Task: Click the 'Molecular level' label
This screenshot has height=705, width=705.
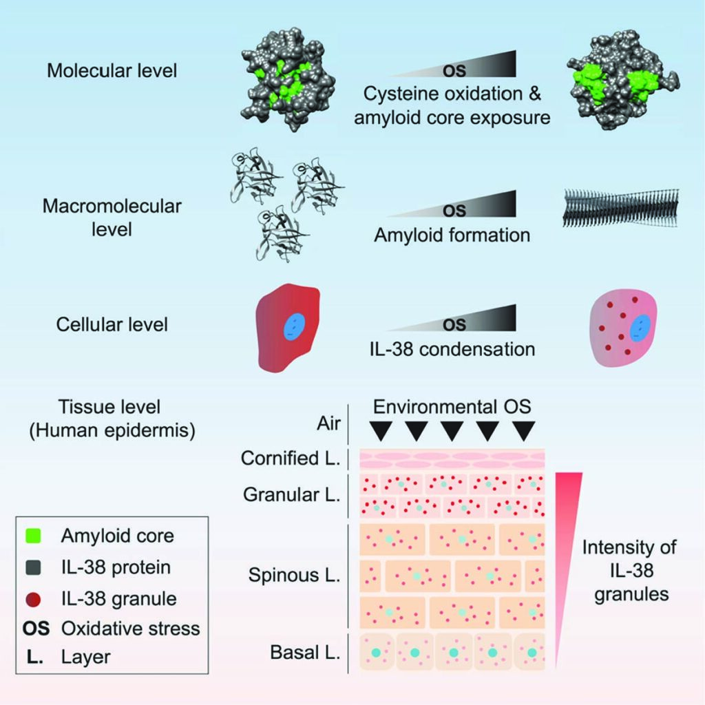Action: click(112, 71)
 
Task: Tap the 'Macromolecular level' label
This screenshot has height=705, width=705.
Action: click(112, 218)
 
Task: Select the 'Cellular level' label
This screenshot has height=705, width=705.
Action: click(112, 324)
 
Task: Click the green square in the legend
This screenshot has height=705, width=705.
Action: click(33, 536)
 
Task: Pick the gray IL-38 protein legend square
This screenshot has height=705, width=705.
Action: click(33, 567)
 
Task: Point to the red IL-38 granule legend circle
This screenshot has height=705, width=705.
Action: click(33, 599)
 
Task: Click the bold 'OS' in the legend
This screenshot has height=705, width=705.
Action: click(36, 629)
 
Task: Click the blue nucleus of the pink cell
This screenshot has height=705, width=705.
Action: click(640, 328)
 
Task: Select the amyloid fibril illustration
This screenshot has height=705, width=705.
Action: click(621, 208)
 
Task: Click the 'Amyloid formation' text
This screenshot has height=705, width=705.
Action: click(452, 235)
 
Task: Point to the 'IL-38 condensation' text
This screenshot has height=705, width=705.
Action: click(452, 349)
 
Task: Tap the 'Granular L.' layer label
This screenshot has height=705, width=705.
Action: click(291, 494)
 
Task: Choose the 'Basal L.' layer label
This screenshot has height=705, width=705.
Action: click(305, 653)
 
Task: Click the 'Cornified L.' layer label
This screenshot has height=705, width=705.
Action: click(291, 458)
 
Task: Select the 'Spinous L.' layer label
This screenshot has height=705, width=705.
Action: click(294, 575)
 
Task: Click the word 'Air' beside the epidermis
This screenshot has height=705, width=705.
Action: click(328, 423)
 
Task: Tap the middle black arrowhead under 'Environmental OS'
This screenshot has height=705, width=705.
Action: click(452, 431)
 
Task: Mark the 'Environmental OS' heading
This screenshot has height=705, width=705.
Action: click(452, 406)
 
